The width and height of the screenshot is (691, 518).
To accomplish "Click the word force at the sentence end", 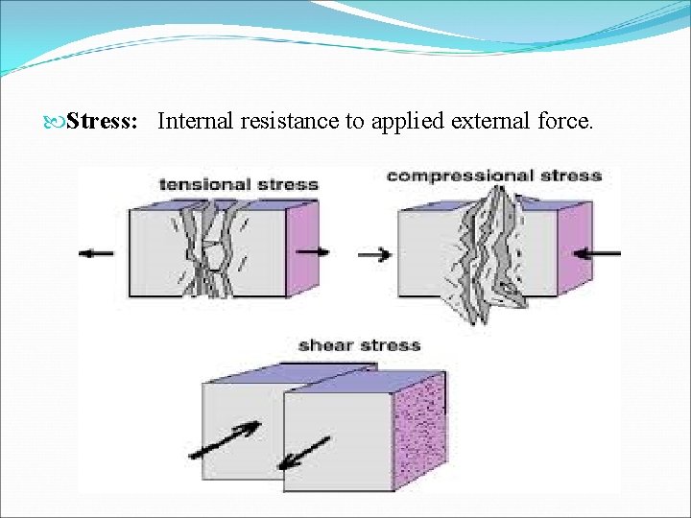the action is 560,122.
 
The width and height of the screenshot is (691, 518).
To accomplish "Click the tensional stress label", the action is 238,182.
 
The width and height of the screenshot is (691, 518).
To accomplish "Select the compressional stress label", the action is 493,176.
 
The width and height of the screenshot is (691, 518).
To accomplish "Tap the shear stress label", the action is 359,344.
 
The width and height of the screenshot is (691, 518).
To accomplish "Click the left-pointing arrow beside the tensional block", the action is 96,253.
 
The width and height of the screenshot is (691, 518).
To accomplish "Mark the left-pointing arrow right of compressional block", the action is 602,253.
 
